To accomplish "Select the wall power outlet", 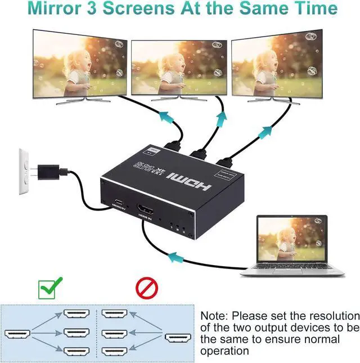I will tap(24, 171).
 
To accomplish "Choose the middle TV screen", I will tap(179, 69).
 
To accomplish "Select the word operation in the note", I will tap(224, 351).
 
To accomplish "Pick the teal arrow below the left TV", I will tap(165, 116).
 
